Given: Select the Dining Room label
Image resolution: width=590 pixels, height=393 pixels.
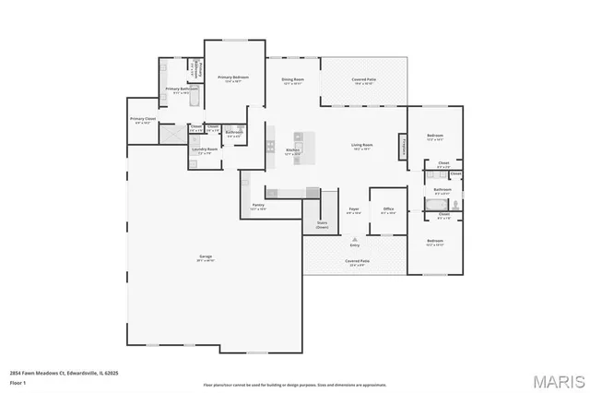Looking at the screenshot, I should point(293,80).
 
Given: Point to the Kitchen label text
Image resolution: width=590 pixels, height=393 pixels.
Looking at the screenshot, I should point(293,149).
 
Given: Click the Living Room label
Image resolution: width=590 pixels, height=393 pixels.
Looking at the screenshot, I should point(360,145).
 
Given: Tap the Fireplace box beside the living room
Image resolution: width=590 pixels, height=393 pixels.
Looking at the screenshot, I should point(403,146).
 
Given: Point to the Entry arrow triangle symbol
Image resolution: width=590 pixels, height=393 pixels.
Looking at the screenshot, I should point(354,238).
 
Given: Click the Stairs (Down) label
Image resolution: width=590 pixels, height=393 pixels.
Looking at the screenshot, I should point(322,224).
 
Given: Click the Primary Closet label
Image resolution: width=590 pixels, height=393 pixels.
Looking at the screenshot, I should point(143,119).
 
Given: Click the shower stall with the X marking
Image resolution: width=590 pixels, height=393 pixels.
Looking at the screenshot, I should point(172,133).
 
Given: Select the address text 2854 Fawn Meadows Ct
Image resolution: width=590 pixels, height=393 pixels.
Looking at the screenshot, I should point(41,372).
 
